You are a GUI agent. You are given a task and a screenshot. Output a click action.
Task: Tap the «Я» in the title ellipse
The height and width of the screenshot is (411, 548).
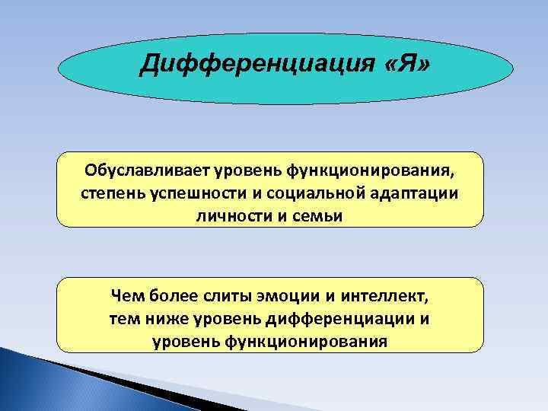tap(408, 66)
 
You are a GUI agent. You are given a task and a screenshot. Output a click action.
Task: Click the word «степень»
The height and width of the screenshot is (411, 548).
tap(110, 193)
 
